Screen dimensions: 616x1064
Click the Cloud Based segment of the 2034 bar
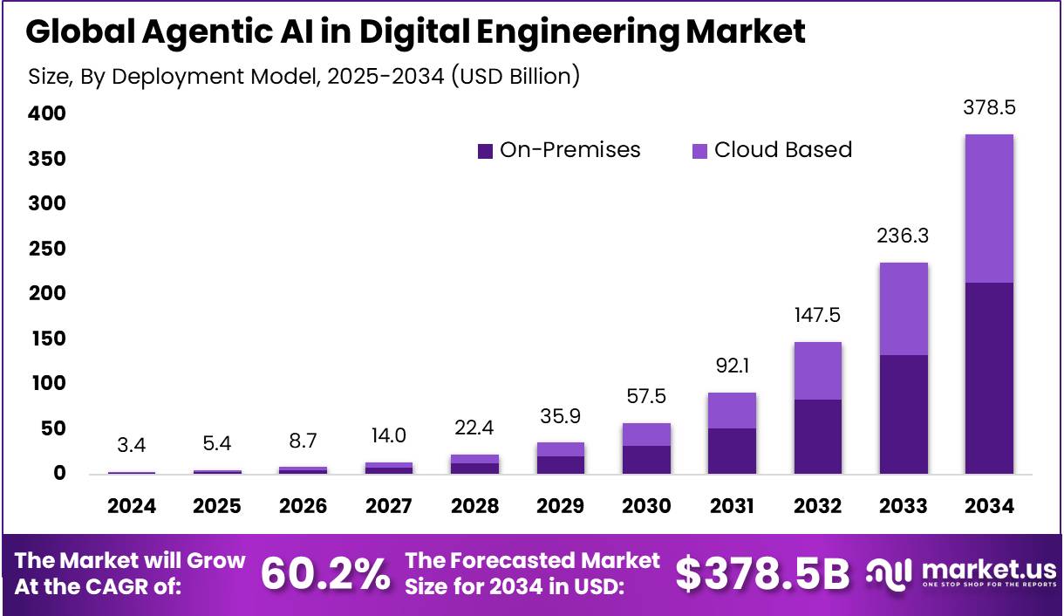989,209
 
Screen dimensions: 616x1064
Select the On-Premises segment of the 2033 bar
904,414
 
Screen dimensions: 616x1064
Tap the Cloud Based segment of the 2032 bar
817,371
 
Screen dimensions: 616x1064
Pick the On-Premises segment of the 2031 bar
731,451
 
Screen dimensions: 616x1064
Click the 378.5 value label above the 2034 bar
989,108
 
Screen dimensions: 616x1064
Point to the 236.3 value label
904,236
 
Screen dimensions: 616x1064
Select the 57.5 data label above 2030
645,397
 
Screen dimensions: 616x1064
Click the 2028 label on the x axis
474,507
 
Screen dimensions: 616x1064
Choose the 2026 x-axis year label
303,507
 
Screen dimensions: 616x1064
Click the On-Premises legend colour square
486,151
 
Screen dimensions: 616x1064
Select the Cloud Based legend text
782,150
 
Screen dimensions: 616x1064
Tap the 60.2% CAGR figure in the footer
325,573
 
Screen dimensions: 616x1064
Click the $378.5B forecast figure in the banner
762,573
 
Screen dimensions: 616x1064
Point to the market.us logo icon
887,573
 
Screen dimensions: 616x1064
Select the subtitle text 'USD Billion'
514,76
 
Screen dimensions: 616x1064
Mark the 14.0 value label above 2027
388,435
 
